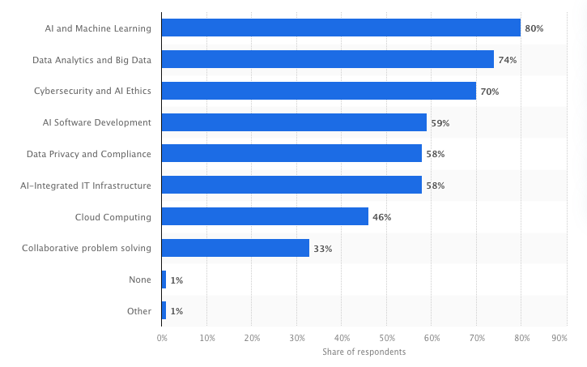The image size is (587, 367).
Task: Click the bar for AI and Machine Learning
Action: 341,28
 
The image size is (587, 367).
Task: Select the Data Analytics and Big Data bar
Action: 327,59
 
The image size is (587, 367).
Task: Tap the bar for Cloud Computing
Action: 265,217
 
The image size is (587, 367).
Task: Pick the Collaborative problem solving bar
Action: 236,248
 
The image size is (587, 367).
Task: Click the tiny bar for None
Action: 164,280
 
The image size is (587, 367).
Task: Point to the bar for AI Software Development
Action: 294,122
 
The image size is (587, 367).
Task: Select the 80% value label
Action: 534,28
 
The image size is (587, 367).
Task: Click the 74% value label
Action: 507,60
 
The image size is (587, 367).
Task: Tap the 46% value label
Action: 381,217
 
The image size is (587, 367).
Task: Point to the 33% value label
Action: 322,249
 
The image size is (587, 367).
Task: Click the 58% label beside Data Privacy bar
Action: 435,154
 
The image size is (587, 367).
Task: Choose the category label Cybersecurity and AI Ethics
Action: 92,92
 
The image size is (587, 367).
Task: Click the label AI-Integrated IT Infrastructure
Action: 86,186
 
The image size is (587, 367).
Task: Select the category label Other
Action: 140,311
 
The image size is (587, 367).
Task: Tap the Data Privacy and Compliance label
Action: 88,154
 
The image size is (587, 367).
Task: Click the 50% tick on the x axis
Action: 386,337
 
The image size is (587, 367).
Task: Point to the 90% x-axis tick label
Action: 559,337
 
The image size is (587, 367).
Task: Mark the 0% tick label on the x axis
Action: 162,337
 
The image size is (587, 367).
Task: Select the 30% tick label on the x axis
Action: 296,337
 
